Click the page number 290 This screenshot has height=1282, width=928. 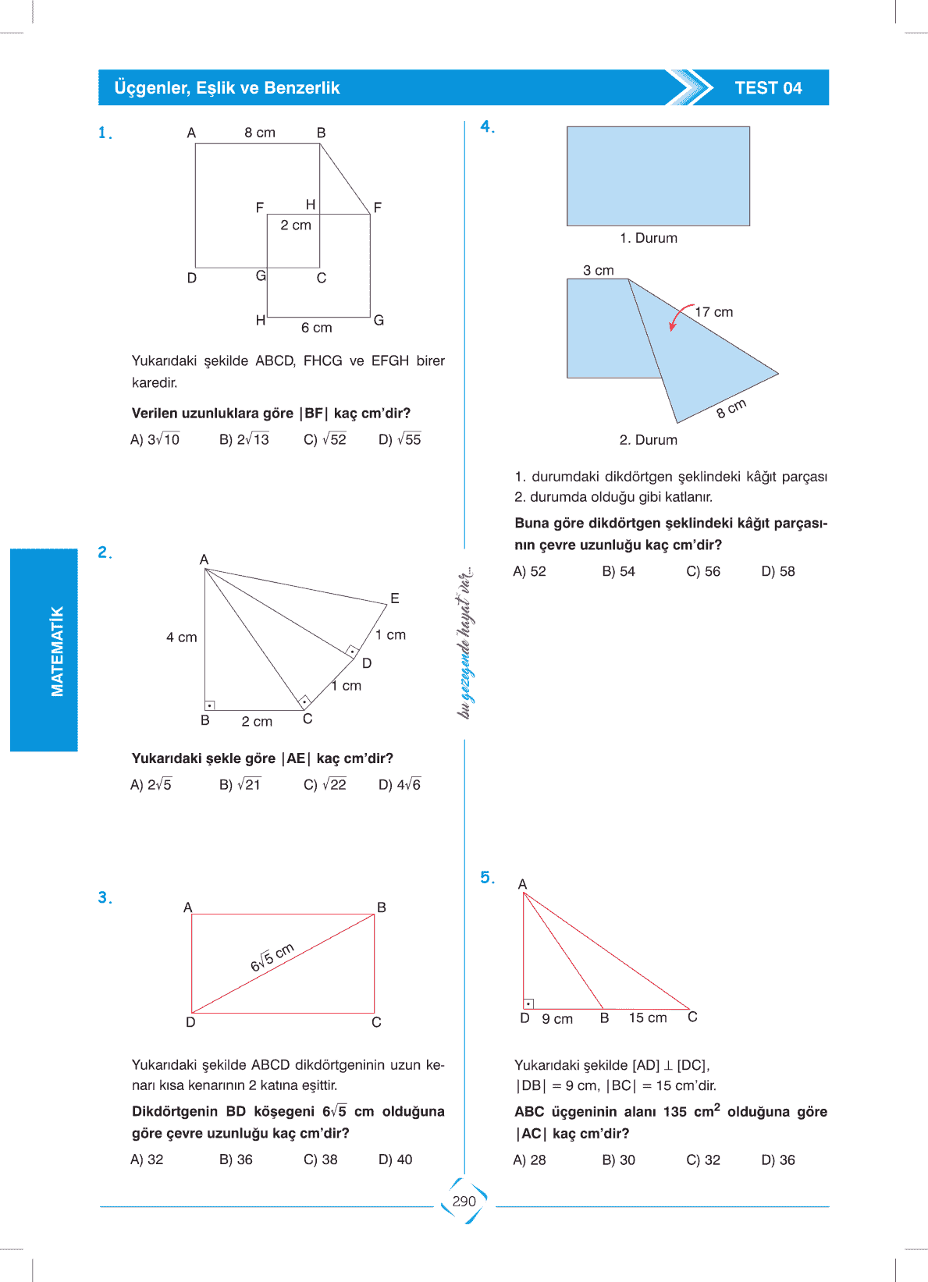pos(464,1201)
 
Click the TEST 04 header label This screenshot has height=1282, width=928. pos(768,88)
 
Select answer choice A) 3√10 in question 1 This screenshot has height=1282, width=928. pos(155,439)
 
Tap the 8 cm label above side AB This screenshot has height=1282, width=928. pos(260,133)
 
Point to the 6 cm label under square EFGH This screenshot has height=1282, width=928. pos(317,328)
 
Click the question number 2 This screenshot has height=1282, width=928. pos(105,552)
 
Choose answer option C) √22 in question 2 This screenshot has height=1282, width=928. pos(325,784)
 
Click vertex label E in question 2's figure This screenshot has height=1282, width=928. pos(395,598)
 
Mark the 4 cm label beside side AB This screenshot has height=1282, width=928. pos(182,637)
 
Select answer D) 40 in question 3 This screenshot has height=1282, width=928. pos(395,1159)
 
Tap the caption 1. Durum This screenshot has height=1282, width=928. pos(649,238)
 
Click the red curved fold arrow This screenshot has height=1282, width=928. pos(679,315)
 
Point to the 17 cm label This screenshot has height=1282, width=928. pos(714,312)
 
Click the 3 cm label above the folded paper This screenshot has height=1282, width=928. pos(599,271)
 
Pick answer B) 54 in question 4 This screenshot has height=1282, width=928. pos(618,571)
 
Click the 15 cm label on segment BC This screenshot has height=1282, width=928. pos(648,1017)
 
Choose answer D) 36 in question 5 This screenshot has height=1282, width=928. pos(777,1160)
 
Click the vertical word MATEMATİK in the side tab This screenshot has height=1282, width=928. pos(57,651)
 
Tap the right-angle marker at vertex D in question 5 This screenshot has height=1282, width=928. pos(528,1003)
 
